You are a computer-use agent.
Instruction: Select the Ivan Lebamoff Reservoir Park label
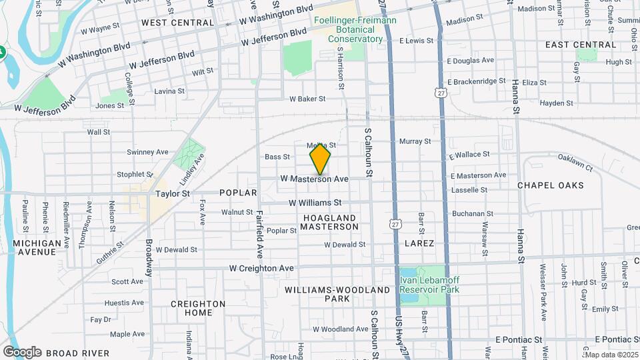tap(430, 285)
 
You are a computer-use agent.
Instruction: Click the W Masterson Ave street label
tap(315, 179)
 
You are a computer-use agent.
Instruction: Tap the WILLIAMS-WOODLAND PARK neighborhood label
tap(337, 295)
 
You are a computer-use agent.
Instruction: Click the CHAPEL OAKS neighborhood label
tap(550, 185)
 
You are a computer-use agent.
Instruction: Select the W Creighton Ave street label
tap(261, 268)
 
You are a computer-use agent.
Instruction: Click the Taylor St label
tap(173, 193)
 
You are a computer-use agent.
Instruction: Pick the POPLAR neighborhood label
tap(238, 193)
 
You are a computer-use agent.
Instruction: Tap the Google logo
tap(22, 352)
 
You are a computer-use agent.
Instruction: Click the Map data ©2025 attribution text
tap(611, 355)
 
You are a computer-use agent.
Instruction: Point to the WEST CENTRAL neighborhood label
tap(177, 23)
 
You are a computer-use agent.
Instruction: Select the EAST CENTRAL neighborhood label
tap(571, 45)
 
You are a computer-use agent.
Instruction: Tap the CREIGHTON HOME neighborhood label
tap(198, 308)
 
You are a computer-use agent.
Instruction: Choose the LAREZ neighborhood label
tap(419, 243)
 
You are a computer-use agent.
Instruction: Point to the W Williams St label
tap(315, 202)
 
